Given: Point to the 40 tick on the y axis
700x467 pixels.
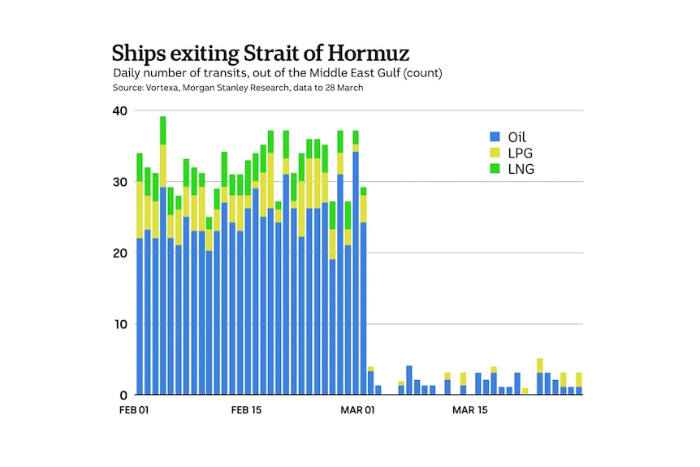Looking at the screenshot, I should click(120, 111).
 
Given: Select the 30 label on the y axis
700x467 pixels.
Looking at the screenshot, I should click(120, 182).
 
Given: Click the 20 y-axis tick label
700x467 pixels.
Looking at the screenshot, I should click(120, 253).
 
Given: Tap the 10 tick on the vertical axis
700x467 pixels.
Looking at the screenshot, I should click(120, 324).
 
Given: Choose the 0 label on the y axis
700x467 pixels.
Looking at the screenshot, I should click(124, 396).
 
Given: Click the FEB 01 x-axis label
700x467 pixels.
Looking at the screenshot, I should click(134, 410).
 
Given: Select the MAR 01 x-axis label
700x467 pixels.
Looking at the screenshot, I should click(357, 410).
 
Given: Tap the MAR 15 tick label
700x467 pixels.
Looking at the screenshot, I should click(469, 410).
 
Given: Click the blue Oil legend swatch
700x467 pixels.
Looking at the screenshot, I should click(494, 137).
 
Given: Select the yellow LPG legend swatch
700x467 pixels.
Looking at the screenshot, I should click(494, 154).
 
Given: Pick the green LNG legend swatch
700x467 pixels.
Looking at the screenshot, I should click(494, 169).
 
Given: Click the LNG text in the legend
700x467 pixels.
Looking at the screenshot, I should click(521, 169).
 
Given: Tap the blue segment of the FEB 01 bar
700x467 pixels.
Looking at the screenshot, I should click(140, 317).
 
